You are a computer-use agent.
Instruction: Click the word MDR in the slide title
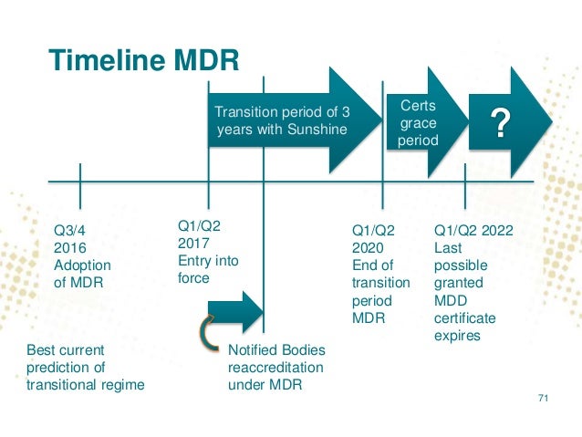pos(205,60)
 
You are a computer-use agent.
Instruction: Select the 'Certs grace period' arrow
pos(419,124)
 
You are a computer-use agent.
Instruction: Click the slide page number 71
pos(544,398)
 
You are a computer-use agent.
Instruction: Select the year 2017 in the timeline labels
pos(193,244)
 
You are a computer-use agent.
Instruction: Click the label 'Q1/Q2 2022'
pos(473,231)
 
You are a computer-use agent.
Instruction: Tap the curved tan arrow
pos(209,329)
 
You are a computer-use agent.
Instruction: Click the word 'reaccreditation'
pos(275,368)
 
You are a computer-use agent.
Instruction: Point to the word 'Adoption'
pos(82,265)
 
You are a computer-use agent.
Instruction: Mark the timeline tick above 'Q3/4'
pos(80,182)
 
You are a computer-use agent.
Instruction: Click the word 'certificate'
pos(465,318)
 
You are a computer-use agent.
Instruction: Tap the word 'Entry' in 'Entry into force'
pos(194,261)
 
